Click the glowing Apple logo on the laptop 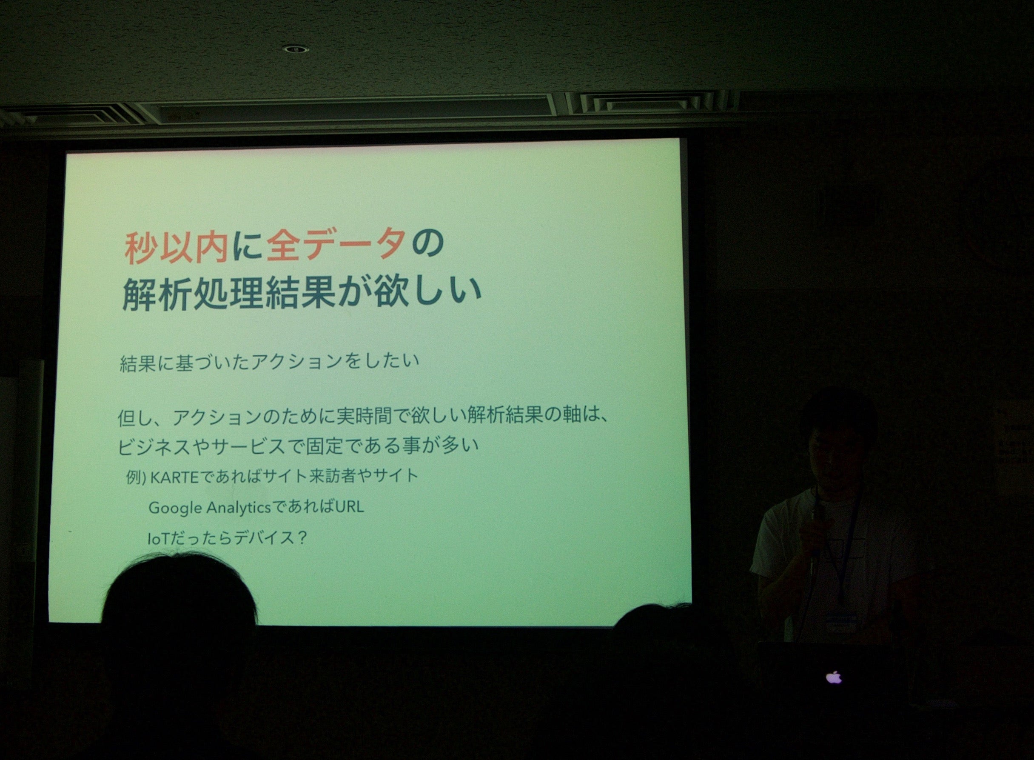834,677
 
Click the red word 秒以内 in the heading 177,248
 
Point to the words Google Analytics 210,508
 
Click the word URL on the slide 350,507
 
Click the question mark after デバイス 302,537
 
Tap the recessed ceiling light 295,49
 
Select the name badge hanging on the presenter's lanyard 841,623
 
